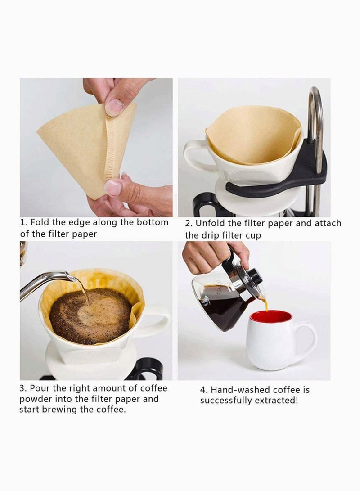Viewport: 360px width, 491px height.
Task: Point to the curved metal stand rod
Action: pos(315,117)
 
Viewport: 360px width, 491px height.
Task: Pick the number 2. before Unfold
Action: pos(189,224)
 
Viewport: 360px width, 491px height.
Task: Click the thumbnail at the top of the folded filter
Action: pos(114,107)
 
